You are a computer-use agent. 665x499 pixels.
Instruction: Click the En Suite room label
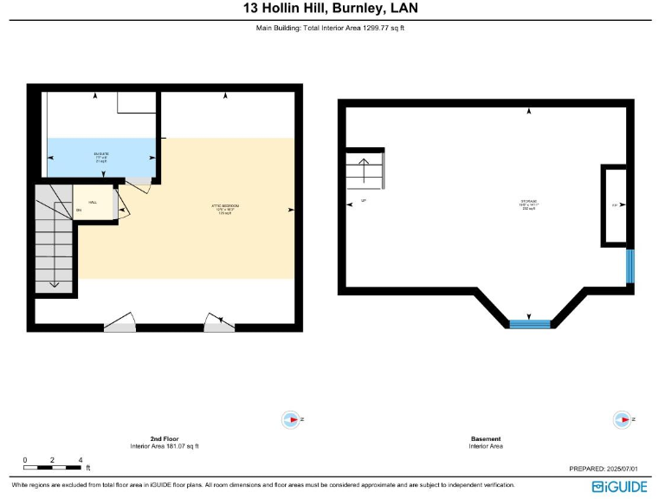click(102, 156)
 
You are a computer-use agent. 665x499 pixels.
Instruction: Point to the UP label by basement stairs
click(364, 202)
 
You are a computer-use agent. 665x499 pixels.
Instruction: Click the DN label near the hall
click(79, 211)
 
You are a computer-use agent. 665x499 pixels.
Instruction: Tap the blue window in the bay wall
click(530, 324)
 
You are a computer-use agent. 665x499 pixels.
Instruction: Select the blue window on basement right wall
click(630, 265)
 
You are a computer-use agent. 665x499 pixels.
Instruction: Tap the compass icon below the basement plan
click(621, 420)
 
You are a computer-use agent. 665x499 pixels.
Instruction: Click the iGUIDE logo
click(619, 487)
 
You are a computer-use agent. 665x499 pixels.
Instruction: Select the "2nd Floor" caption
click(164, 438)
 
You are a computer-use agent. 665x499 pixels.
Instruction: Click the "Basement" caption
click(485, 438)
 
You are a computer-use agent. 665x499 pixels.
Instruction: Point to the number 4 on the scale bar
click(81, 459)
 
